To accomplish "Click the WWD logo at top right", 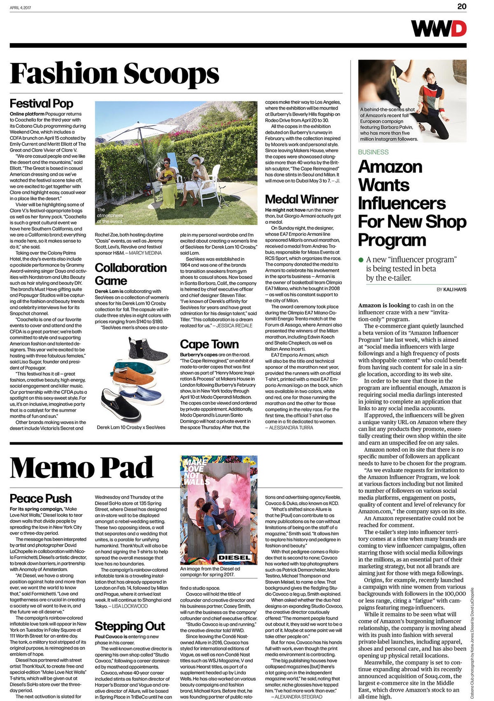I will click(x=438, y=29).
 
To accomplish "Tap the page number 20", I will click(x=462, y=6).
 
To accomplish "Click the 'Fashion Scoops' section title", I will click(x=114, y=74).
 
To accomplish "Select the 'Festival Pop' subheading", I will click(x=41, y=103).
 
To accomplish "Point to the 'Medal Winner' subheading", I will click(x=301, y=199).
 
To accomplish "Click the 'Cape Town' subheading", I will click(x=209, y=344).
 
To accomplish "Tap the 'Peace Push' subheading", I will click(x=40, y=498).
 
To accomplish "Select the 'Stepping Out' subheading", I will click(x=130, y=626).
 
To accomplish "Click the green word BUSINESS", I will click(x=373, y=152).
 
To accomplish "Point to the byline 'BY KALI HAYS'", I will click(x=451, y=289).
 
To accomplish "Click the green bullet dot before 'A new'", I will click(x=361, y=260).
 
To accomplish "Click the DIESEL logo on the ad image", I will click(x=234, y=557).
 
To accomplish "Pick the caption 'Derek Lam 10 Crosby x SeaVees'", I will click(x=131, y=427).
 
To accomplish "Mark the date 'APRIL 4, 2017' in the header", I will click(x=20, y=7).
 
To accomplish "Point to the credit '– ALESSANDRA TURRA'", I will click(x=289, y=428).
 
